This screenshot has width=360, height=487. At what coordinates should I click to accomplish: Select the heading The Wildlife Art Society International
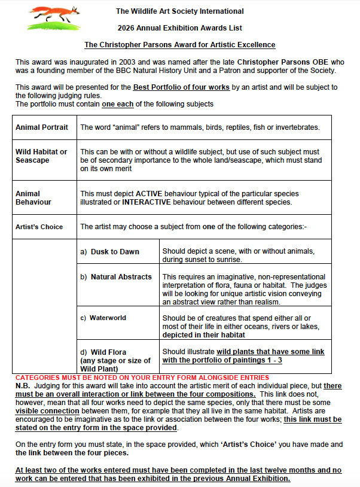179,11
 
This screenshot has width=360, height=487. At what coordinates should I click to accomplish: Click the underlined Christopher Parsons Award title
179,45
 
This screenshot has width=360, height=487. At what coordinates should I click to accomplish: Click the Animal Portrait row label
42,127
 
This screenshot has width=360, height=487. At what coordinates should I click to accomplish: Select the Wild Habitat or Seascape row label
41,156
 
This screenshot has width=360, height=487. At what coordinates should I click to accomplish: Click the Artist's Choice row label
39,227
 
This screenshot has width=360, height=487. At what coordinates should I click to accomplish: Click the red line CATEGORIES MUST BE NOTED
142,378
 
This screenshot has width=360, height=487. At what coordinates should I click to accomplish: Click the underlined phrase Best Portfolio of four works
181,87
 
